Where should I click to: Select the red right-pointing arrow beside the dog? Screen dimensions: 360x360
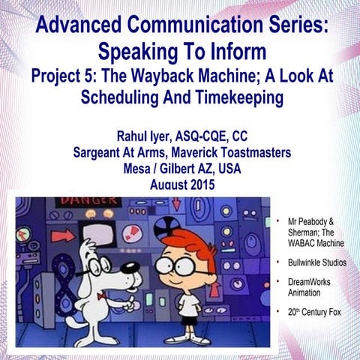[x=64, y=235]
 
